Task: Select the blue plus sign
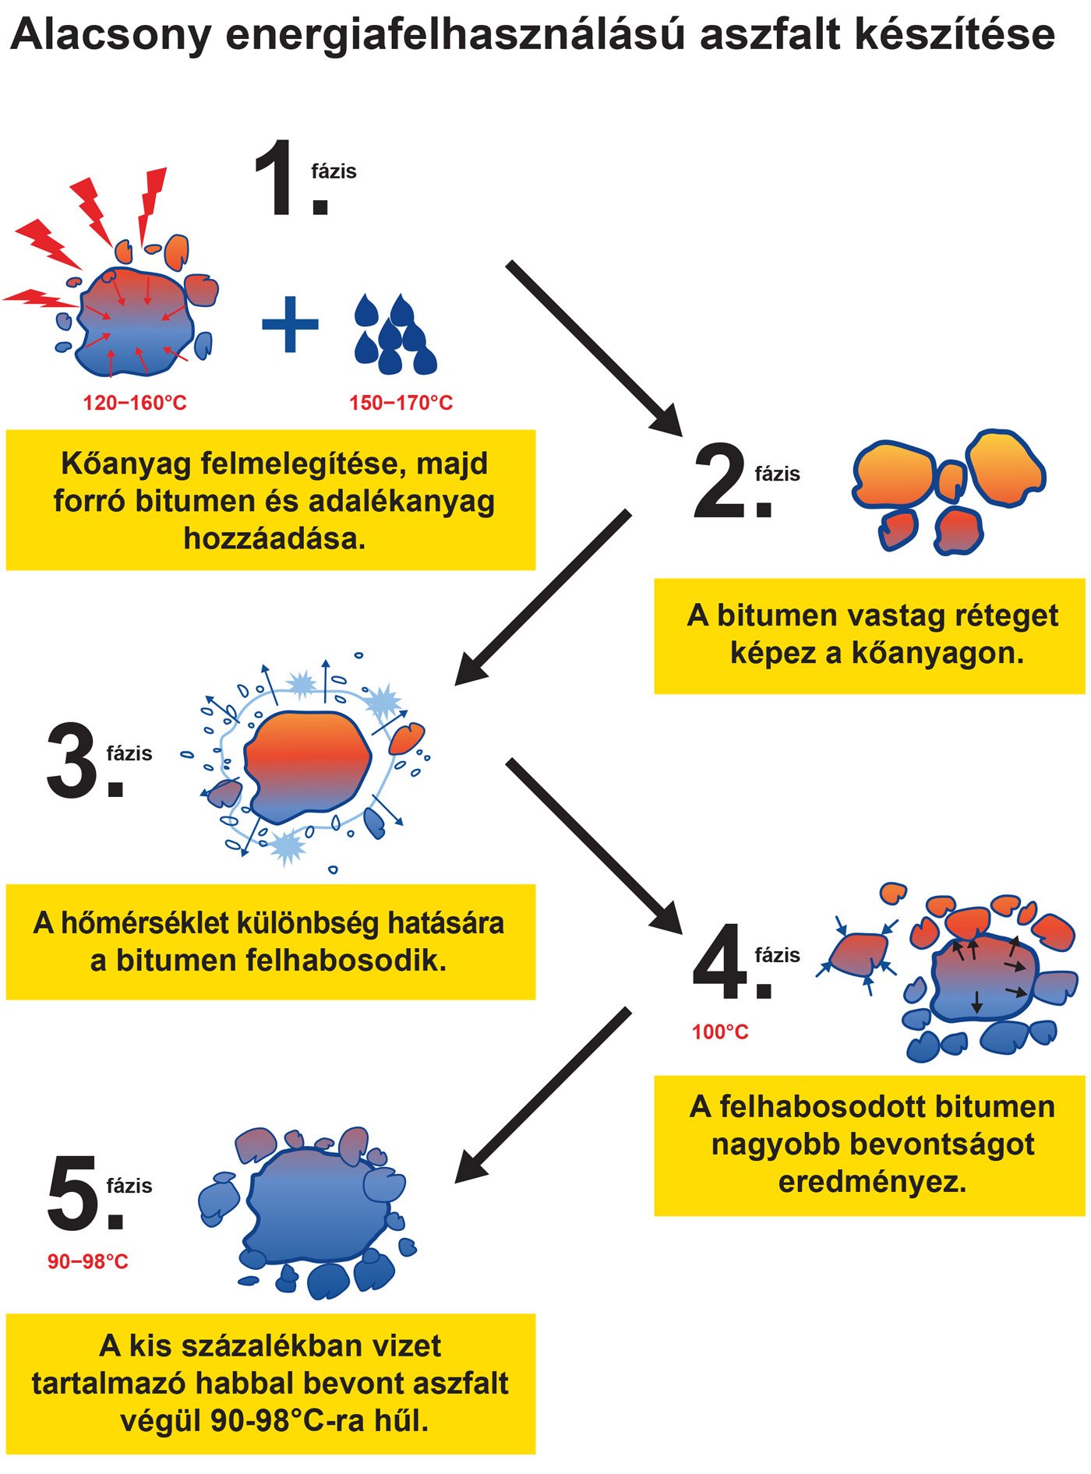[x=290, y=324]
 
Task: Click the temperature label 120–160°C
[x=135, y=403]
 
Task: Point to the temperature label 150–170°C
[x=401, y=403]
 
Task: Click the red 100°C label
[x=720, y=1032]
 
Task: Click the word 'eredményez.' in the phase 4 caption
[x=872, y=1182]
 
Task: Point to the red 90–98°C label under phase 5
[x=88, y=1261]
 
